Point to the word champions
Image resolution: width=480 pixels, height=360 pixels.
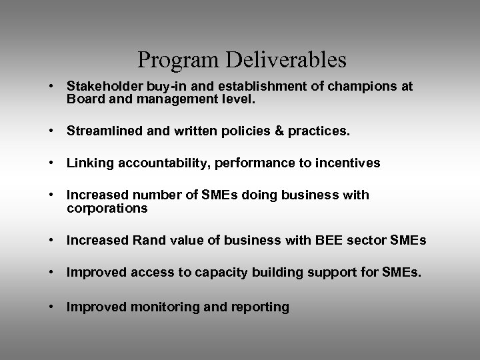368,87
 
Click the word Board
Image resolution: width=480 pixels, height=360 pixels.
83,100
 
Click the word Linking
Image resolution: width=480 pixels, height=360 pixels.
87,163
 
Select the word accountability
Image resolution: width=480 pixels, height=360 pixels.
153,163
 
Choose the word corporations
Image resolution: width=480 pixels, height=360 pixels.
107,209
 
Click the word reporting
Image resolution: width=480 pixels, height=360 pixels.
257,307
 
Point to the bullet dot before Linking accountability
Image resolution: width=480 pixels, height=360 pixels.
51,163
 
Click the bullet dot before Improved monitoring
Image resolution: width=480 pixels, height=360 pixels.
51,307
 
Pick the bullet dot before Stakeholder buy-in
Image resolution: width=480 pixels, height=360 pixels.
51,87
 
